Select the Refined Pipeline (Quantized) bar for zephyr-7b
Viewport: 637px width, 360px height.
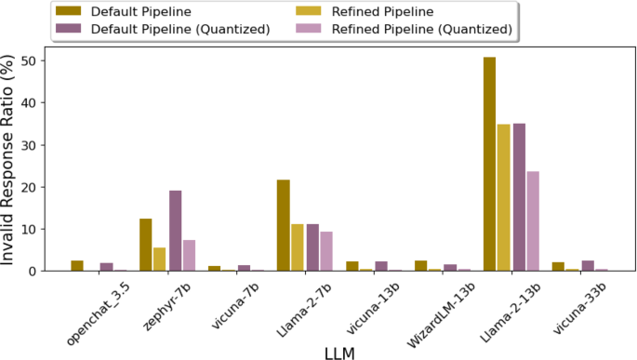click(189, 255)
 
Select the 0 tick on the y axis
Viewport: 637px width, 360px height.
click(39, 271)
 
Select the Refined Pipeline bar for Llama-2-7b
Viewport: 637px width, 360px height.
click(298, 247)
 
